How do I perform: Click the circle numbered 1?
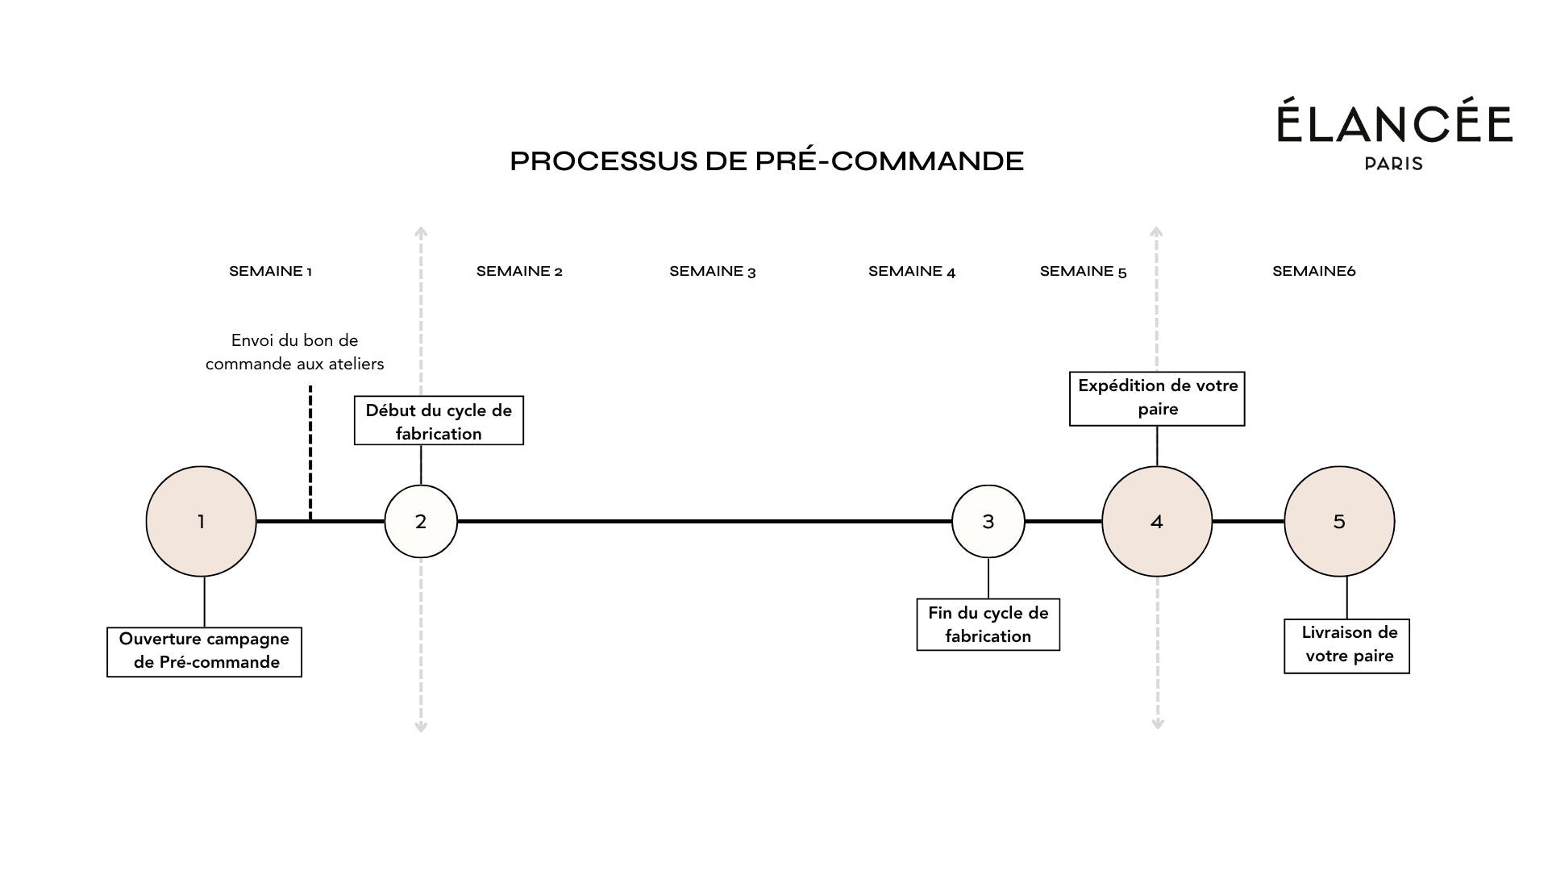pyautogui.click(x=201, y=521)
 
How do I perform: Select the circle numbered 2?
pyautogui.click(x=420, y=521)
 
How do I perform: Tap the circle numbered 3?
pyautogui.click(x=988, y=521)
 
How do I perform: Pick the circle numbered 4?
pyautogui.click(x=1156, y=521)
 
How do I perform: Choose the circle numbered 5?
pyautogui.click(x=1338, y=521)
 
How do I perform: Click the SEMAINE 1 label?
pyautogui.click(x=270, y=271)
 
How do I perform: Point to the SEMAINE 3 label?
pyautogui.click(x=712, y=271)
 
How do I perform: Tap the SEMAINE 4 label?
pyautogui.click(x=911, y=271)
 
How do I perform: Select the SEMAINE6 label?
pyautogui.click(x=1313, y=271)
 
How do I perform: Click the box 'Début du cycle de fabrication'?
pyautogui.click(x=439, y=421)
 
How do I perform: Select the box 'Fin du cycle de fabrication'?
pyautogui.click(x=988, y=624)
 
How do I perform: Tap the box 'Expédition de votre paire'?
pyautogui.click(x=1157, y=398)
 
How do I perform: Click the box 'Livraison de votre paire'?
pyautogui.click(x=1346, y=645)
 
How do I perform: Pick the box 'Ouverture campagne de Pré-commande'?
pyautogui.click(x=204, y=652)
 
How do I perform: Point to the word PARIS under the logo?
pyautogui.click(x=1393, y=164)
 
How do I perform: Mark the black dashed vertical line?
pyautogui.click(x=310, y=452)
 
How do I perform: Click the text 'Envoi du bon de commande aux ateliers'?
pyautogui.click(x=294, y=352)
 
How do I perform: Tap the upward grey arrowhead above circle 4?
pyautogui.click(x=1156, y=232)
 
